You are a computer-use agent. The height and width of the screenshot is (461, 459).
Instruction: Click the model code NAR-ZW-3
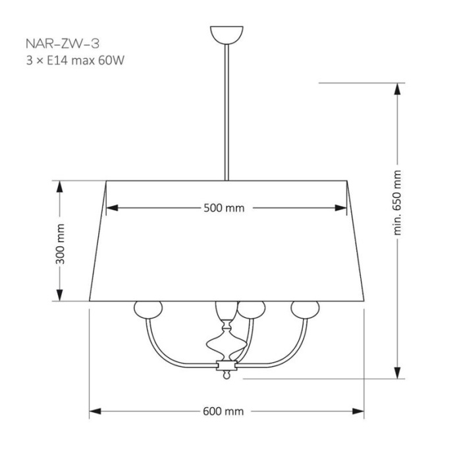[x=63, y=43]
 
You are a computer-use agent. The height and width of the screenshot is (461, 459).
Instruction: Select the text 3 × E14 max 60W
[x=75, y=61]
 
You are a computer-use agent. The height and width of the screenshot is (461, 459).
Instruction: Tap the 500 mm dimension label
[x=224, y=208]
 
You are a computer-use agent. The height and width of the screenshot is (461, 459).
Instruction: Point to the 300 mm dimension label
[x=60, y=244]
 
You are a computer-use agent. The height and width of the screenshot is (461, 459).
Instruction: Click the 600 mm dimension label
[x=223, y=412]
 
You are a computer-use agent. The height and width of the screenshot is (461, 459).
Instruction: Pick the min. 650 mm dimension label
[x=397, y=203]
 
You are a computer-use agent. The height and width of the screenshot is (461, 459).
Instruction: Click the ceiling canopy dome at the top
[x=227, y=35]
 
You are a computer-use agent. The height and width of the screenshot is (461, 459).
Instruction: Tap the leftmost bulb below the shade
[x=148, y=310]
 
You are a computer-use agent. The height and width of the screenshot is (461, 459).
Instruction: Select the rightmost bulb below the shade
[x=305, y=310]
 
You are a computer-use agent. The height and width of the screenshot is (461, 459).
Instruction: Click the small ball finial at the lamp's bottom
[x=226, y=375]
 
